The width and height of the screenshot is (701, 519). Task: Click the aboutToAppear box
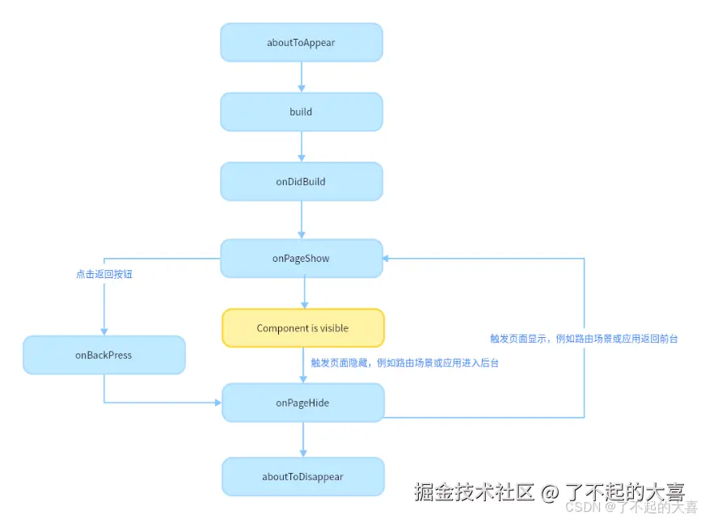pyautogui.click(x=301, y=42)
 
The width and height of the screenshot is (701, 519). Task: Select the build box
pyautogui.click(x=301, y=112)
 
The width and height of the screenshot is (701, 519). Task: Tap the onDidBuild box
pyautogui.click(x=301, y=182)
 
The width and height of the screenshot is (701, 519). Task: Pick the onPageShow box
pyautogui.click(x=301, y=259)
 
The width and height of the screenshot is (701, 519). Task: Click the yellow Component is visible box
pyautogui.click(x=303, y=328)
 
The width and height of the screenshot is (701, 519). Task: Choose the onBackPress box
pyautogui.click(x=103, y=355)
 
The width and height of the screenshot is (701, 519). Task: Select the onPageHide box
pyautogui.click(x=302, y=403)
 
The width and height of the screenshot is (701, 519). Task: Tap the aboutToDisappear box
pyautogui.click(x=302, y=477)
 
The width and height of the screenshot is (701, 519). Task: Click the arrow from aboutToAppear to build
pyautogui.click(x=302, y=77)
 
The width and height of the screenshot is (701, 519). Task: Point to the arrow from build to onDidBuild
pyautogui.click(x=302, y=146)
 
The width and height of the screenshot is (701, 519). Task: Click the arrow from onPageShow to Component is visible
pyautogui.click(x=304, y=293)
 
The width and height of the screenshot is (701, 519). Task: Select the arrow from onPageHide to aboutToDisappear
pyautogui.click(x=304, y=440)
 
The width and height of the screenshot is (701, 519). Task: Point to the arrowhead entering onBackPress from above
pyautogui.click(x=103, y=331)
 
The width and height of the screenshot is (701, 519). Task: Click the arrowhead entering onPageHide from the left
pyautogui.click(x=217, y=403)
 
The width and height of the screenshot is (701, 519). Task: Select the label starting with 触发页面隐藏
pyautogui.click(x=404, y=363)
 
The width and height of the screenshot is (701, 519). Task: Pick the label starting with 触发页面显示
pyautogui.click(x=583, y=339)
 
